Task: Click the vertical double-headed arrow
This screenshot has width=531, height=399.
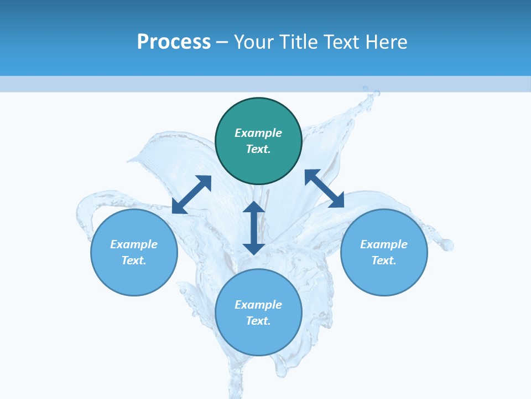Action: click(254, 228)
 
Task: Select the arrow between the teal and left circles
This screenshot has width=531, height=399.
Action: click(191, 195)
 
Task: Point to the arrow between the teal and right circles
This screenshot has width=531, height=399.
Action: click(324, 188)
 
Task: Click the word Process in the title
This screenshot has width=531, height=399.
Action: click(174, 42)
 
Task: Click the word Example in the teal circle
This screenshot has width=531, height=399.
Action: click(258, 133)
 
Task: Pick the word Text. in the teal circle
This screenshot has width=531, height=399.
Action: click(258, 149)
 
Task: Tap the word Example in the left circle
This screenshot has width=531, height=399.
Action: click(134, 244)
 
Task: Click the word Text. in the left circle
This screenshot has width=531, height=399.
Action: click(134, 260)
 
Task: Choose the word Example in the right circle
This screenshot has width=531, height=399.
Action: click(384, 244)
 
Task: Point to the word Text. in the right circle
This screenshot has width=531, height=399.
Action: click(384, 260)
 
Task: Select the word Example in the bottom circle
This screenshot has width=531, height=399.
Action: click(258, 305)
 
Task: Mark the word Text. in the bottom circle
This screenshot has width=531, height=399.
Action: click(258, 321)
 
